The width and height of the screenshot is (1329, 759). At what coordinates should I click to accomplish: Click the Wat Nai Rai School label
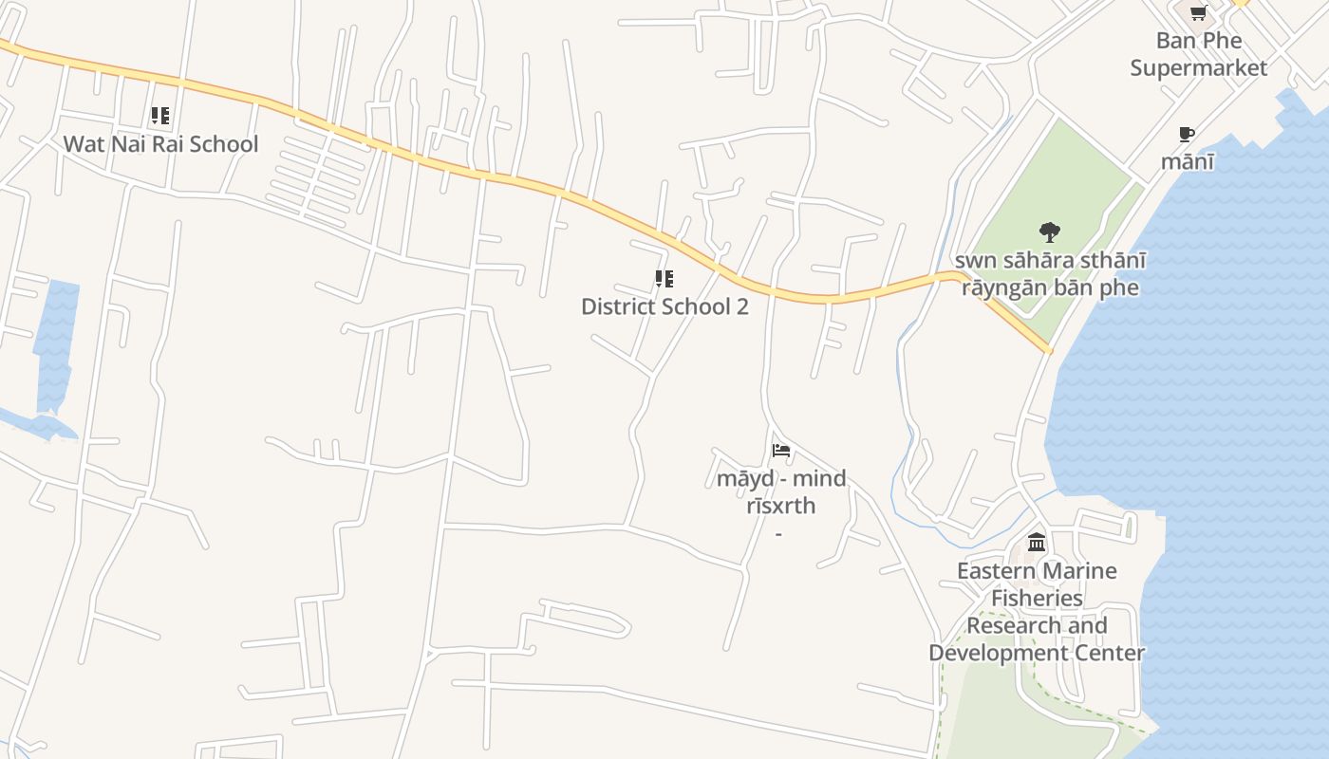[160, 144]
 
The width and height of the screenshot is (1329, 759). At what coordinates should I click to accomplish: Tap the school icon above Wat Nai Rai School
[160, 116]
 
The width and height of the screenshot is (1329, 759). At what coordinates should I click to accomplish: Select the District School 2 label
[664, 306]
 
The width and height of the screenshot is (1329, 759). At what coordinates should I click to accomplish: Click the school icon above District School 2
[664, 279]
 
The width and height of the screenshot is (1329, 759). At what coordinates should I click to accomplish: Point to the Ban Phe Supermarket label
[1198, 54]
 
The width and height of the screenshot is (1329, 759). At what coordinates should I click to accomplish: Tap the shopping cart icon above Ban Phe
[1198, 13]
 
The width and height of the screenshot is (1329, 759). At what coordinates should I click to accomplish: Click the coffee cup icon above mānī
[1186, 134]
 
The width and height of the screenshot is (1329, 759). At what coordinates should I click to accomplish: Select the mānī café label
[1187, 161]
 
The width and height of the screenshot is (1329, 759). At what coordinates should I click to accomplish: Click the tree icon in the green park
[1049, 231]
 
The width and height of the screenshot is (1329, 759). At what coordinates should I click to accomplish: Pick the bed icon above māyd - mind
[781, 451]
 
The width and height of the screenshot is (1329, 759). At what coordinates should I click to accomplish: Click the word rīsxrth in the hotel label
[780, 506]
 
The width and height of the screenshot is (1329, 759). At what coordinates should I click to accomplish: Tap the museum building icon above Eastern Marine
[1037, 543]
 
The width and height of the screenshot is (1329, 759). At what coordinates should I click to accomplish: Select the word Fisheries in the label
[1037, 598]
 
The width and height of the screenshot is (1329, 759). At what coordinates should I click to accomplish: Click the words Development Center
[1037, 653]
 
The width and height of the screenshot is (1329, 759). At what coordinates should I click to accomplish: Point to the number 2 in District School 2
[742, 306]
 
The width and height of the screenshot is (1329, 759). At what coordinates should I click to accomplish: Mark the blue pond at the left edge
[57, 342]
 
